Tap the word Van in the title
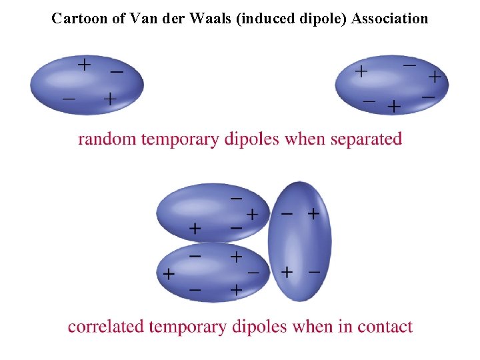click(x=143, y=18)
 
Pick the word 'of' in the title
click(x=119, y=18)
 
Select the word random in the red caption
click(x=107, y=139)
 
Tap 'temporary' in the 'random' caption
click(x=179, y=139)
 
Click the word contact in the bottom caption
click(x=385, y=327)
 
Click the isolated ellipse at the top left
click(x=87, y=85)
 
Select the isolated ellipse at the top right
click(x=391, y=85)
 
